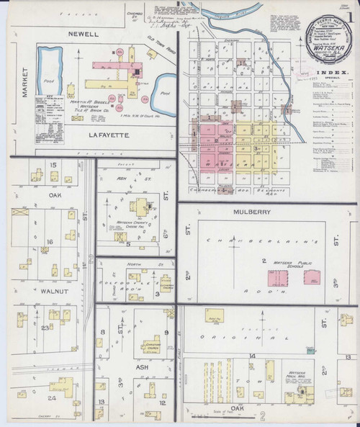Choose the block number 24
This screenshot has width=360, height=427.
51,398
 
